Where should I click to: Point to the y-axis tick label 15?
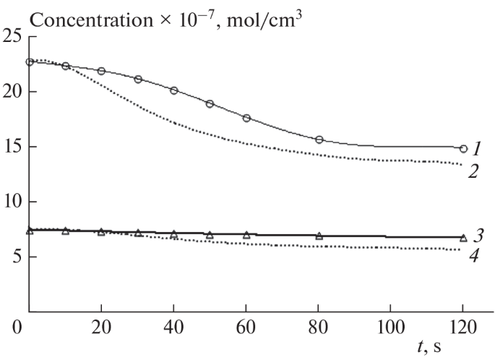coord(12,147)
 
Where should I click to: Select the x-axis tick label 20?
coord(101,327)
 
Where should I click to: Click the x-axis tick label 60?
coord(246,327)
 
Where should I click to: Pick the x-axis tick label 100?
coord(391,327)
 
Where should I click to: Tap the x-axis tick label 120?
coord(463,327)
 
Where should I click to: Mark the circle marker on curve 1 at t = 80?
coord(319,140)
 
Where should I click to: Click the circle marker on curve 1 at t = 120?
coord(463,149)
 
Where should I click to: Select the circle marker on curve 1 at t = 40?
coord(174,90)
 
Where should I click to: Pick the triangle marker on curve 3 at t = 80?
coord(319,236)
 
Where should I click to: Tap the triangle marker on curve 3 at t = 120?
coord(463,237)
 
